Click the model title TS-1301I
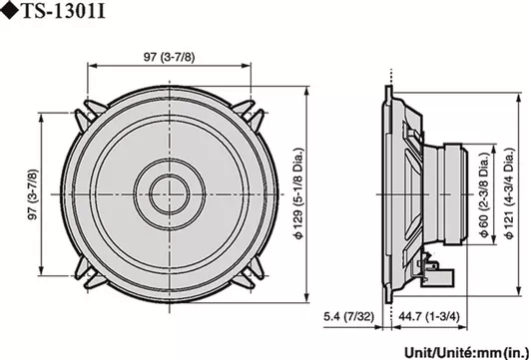coord(64,11)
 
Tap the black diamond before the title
coord(9,11)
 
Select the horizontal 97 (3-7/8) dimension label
coord(170,57)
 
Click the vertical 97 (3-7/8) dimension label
coord(33,194)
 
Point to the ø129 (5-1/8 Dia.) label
coord(298,193)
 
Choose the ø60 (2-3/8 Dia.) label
coord(484,194)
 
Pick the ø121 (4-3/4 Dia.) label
coord(509,193)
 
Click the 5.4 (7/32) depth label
coord(349,316)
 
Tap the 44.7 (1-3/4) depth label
coord(429,316)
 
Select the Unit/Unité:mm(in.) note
coord(466,353)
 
